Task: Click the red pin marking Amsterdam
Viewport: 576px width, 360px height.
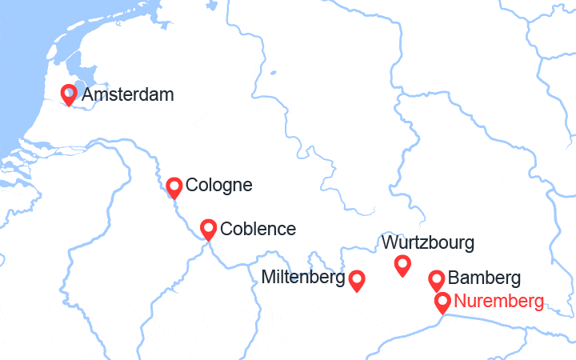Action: (70, 94)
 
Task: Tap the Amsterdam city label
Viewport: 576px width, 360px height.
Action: (127, 95)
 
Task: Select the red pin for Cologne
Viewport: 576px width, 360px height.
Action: (174, 186)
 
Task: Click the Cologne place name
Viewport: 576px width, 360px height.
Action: (218, 186)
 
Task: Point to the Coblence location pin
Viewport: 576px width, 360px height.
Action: (208, 229)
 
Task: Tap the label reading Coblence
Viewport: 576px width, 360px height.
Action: (258, 229)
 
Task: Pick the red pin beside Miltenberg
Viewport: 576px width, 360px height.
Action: (357, 278)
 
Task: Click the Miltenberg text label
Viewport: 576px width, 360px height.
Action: (303, 278)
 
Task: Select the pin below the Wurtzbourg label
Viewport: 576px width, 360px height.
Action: (402, 263)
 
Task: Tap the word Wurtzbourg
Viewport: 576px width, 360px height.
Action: (428, 242)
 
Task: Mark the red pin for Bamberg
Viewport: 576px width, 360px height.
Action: (436, 279)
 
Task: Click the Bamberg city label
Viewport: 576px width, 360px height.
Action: (485, 279)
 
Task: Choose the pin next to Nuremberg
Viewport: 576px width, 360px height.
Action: (442, 302)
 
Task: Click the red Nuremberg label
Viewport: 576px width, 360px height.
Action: (499, 302)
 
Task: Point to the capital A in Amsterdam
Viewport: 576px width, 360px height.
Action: (87, 95)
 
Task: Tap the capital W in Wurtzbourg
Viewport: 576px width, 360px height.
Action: (390, 242)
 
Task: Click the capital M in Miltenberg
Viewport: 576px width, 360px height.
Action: (268, 278)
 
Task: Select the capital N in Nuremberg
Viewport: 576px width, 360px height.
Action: (459, 302)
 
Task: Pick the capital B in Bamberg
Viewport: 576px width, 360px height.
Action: (454, 279)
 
